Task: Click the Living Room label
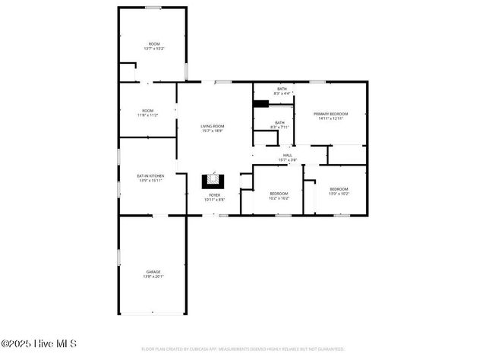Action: pos(213,126)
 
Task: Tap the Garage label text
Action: pos(153,271)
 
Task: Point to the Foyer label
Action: pos(215,195)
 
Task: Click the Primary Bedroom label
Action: pos(330,113)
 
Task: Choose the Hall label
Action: pos(288,155)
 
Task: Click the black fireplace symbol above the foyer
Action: pos(213,181)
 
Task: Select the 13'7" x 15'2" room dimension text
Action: pos(154,49)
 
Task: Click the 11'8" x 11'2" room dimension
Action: pos(147,115)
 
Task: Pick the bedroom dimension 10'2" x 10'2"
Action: pos(279,197)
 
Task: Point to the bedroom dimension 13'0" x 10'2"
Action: pos(339,194)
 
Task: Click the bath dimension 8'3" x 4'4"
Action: pos(282,94)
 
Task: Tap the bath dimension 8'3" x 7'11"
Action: pos(279,128)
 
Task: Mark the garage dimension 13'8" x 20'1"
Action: pos(153,276)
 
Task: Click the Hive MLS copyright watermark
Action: pos(39,344)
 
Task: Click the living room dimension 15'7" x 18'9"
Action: pos(213,131)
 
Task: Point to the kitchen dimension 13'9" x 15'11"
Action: pos(150,181)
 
